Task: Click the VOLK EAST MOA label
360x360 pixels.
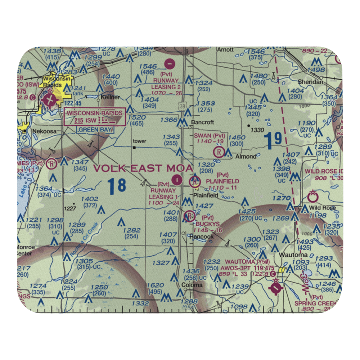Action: click(143, 168)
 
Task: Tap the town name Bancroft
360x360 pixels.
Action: click(203, 122)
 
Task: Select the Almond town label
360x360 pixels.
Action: click(246, 157)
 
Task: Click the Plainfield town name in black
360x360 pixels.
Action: click(206, 195)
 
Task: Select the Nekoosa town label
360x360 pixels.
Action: click(44, 131)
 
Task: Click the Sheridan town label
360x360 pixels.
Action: click(313, 82)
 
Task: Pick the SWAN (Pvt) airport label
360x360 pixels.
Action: click(210, 136)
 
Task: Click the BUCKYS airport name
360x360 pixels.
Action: click(202, 224)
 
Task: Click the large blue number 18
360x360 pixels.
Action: click(117, 186)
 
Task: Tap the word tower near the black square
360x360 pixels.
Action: click(139, 141)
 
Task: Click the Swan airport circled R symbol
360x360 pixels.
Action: click(218, 152)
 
